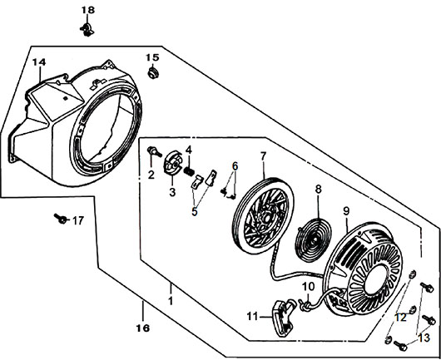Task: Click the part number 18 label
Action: pos(88,10)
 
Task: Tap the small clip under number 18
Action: pos(87,29)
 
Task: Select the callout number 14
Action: pos(39,62)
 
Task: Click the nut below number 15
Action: pos(153,73)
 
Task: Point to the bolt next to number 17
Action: pos(60,218)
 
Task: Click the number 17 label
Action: pos(78,221)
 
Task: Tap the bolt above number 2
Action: pos(154,152)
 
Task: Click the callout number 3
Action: pos(172,193)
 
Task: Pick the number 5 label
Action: pos(195,212)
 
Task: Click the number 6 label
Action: pos(235,166)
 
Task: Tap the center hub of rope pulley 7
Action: pos(264,217)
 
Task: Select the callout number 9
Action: pos(346,211)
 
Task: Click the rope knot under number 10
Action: pos(305,304)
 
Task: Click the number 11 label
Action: pos(252,317)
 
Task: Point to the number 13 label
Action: pos(424,338)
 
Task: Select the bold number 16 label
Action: pos(143,328)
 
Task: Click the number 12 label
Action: pos(400,318)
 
